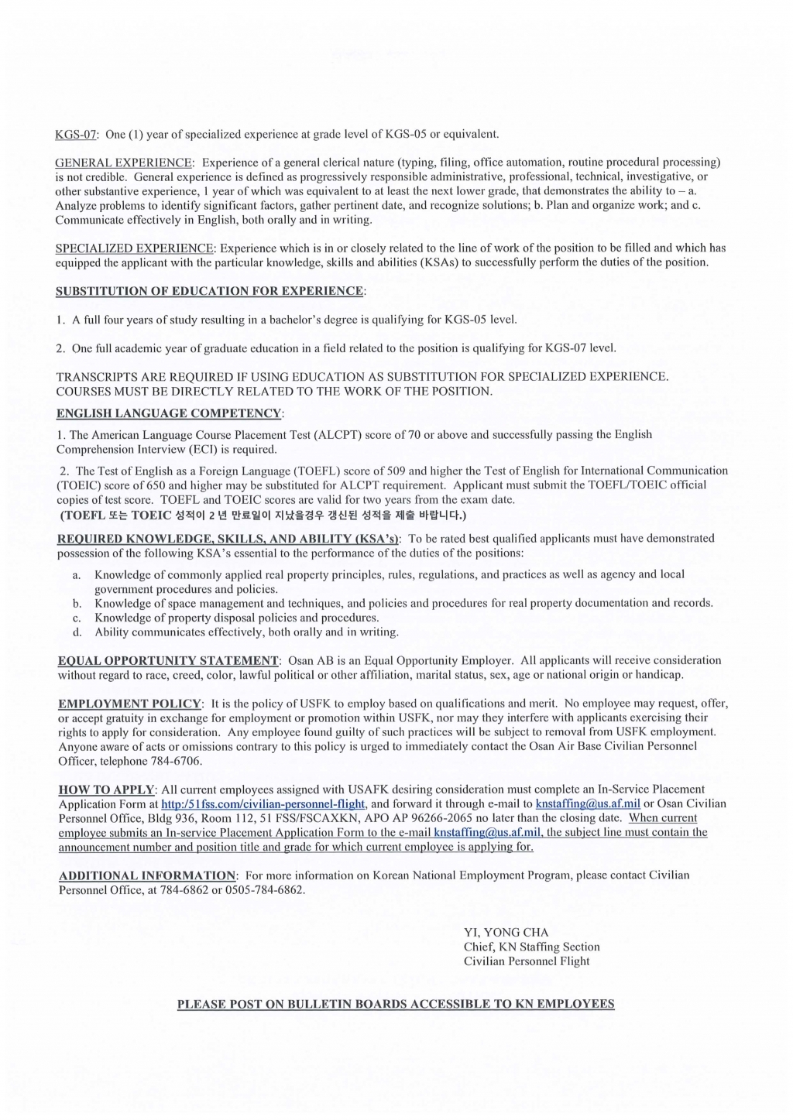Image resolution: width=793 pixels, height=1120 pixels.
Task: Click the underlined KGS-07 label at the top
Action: click(x=75, y=134)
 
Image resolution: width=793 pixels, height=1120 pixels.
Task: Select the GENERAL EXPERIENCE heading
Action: click(x=124, y=163)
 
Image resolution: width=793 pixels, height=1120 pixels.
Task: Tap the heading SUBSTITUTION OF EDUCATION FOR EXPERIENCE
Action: click(x=209, y=291)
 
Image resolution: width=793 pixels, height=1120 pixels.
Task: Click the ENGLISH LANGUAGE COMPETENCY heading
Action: click(x=169, y=413)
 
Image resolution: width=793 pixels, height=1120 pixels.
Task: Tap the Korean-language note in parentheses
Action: click(x=263, y=515)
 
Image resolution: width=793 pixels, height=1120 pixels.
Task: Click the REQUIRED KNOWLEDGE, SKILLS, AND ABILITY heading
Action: click(x=228, y=538)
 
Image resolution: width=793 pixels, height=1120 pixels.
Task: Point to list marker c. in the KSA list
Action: click(x=77, y=618)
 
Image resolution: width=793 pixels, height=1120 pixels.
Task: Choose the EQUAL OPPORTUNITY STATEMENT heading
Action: click(x=168, y=660)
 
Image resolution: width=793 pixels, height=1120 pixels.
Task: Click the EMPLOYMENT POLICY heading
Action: click(x=129, y=704)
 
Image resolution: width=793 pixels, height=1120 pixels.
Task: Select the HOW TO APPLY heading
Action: click(x=106, y=789)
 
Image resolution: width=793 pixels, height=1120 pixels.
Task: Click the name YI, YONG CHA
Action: click(x=506, y=932)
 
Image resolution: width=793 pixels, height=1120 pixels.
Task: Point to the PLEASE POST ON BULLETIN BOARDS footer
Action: click(x=396, y=1004)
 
